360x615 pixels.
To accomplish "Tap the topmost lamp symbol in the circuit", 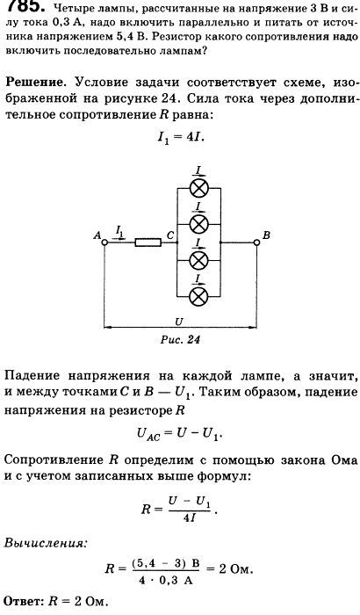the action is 198,189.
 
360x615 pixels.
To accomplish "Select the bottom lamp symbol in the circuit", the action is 198,297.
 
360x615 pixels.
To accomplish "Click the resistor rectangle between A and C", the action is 148,242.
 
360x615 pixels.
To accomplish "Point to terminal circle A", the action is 104,242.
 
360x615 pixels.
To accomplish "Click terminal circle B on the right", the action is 256,242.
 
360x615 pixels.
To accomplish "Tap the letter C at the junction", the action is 170,235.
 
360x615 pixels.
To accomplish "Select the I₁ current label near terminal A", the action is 119,231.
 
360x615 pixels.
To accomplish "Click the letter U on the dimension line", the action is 179,322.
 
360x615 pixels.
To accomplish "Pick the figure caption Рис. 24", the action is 180,340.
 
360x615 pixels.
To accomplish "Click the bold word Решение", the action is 34,83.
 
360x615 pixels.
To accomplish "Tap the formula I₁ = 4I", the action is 180,138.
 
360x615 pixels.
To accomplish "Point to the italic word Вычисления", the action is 44,544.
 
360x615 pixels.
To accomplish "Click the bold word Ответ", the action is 24,601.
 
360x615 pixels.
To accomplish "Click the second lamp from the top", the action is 198,225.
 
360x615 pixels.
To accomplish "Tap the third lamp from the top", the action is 198,260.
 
